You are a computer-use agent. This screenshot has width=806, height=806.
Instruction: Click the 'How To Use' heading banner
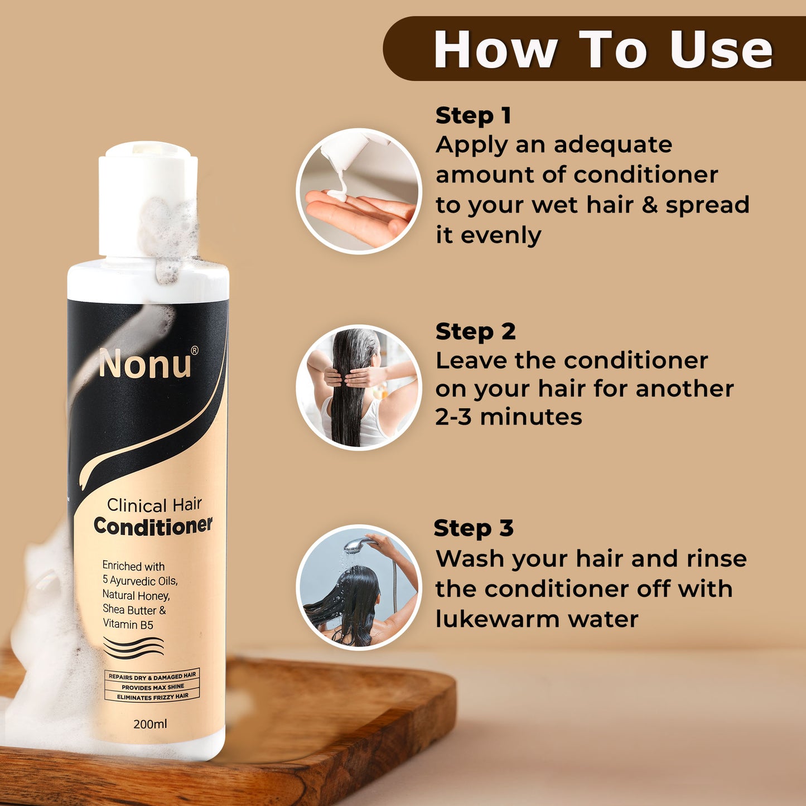pyautogui.click(x=595, y=49)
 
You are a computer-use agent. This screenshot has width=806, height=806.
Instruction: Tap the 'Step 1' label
pyautogui.click(x=473, y=115)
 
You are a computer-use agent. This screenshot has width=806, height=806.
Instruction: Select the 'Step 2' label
pyautogui.click(x=476, y=332)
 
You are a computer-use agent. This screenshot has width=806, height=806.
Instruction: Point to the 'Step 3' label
pyautogui.click(x=474, y=528)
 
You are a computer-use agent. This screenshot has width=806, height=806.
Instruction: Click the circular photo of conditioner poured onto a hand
pyautogui.click(x=359, y=191)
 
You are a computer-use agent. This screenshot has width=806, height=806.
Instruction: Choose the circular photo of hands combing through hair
pyautogui.click(x=359, y=387)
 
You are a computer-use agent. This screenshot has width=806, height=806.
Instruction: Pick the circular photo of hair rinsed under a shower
pyautogui.click(x=359, y=587)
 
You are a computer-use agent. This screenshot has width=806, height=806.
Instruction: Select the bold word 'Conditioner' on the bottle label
pyautogui.click(x=153, y=526)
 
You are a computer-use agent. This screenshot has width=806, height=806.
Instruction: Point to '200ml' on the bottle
pyautogui.click(x=150, y=723)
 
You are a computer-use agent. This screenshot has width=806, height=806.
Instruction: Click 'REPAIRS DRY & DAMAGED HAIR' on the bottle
pyautogui.click(x=152, y=677)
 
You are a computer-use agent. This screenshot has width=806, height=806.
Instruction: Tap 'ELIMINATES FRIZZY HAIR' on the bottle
pyautogui.click(x=153, y=697)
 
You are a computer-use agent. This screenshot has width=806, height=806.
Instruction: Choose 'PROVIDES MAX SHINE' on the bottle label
pyautogui.click(x=153, y=687)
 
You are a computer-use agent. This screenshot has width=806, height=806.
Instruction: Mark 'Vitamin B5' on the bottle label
pyautogui.click(x=128, y=625)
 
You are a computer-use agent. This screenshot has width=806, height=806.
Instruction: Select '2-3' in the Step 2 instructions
pyautogui.click(x=453, y=417)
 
